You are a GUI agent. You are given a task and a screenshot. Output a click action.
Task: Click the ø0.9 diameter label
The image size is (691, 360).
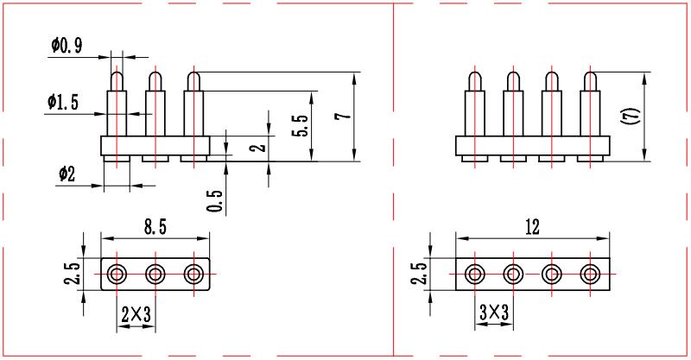[67, 46]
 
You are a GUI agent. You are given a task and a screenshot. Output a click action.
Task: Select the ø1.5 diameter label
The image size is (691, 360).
[63, 102]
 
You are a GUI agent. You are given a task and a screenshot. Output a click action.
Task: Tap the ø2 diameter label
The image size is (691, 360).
[67, 174]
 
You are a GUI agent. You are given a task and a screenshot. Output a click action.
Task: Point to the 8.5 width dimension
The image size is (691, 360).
[155, 227]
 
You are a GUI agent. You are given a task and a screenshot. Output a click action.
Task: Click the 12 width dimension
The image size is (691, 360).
[532, 227]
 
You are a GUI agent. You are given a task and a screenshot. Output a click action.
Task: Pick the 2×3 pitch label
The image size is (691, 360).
[136, 314]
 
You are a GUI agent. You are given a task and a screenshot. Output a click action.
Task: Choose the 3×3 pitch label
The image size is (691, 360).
[494, 313]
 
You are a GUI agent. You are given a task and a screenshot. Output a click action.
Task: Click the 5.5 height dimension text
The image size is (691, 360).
[301, 126]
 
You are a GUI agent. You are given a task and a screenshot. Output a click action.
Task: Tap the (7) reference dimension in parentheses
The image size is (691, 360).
[633, 116]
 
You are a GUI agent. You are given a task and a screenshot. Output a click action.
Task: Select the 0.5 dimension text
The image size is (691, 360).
[216, 200]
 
